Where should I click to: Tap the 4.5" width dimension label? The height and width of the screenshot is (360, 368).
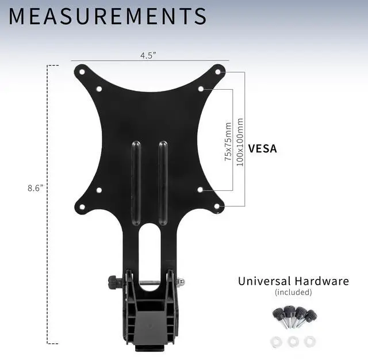(148, 56)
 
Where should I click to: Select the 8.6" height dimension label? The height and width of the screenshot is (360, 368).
(35, 187)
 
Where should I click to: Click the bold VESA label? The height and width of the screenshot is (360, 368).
(262, 148)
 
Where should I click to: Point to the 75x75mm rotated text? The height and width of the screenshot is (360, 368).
(228, 141)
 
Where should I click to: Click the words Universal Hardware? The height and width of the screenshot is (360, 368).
(293, 281)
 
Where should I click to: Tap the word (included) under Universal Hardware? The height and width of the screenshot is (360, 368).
(293, 292)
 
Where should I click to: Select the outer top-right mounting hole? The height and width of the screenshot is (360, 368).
(218, 72)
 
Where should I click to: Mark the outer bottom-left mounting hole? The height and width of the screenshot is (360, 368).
(82, 206)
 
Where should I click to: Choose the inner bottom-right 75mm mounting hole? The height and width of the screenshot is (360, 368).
(200, 189)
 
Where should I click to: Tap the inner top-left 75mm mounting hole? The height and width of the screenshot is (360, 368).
(99, 89)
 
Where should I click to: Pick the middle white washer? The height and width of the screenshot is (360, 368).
(293, 340)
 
